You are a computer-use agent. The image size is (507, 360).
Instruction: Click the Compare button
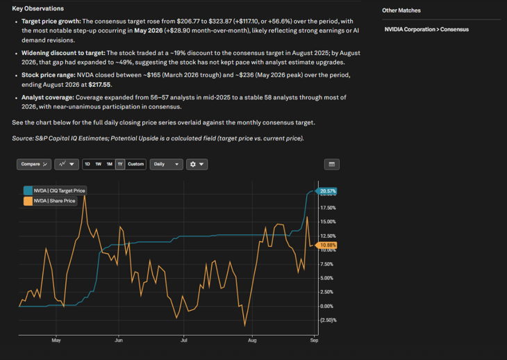pyautogui.click(x=34, y=164)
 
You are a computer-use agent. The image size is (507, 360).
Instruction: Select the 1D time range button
pyautogui.click(x=88, y=164)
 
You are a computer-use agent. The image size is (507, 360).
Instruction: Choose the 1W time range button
pyautogui.click(x=99, y=164)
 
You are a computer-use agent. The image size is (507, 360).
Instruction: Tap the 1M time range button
pyautogui.click(x=110, y=164)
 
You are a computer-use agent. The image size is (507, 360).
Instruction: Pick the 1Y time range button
pyautogui.click(x=120, y=164)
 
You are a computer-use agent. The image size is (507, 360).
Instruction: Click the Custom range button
pyautogui.click(x=136, y=164)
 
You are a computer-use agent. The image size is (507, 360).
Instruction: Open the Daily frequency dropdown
pyautogui.click(x=166, y=164)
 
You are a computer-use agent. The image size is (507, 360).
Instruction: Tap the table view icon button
pyautogui.click(x=332, y=164)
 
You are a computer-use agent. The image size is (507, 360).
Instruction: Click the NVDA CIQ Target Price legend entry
pyautogui.click(x=55, y=190)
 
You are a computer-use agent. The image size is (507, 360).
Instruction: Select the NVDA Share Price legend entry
pyautogui.click(x=50, y=201)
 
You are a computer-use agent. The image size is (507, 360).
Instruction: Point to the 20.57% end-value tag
pyautogui.click(x=326, y=191)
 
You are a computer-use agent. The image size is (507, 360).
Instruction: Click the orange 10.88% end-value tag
pyautogui.click(x=326, y=245)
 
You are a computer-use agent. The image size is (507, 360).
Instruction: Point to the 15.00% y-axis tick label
pyautogui.click(x=328, y=222)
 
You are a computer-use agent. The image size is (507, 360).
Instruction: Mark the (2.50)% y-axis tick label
pyautogui.click(x=329, y=320)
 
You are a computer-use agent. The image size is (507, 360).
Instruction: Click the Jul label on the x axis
pyautogui.click(x=183, y=341)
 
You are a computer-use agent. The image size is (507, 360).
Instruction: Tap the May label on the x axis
pyautogui.click(x=56, y=341)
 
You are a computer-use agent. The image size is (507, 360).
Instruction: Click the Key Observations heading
pyautogui.click(x=38, y=8)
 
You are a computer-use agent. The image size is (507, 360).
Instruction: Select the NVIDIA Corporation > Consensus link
pyautogui.click(x=426, y=29)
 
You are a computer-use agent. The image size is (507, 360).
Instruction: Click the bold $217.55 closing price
pyautogui.click(x=99, y=85)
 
